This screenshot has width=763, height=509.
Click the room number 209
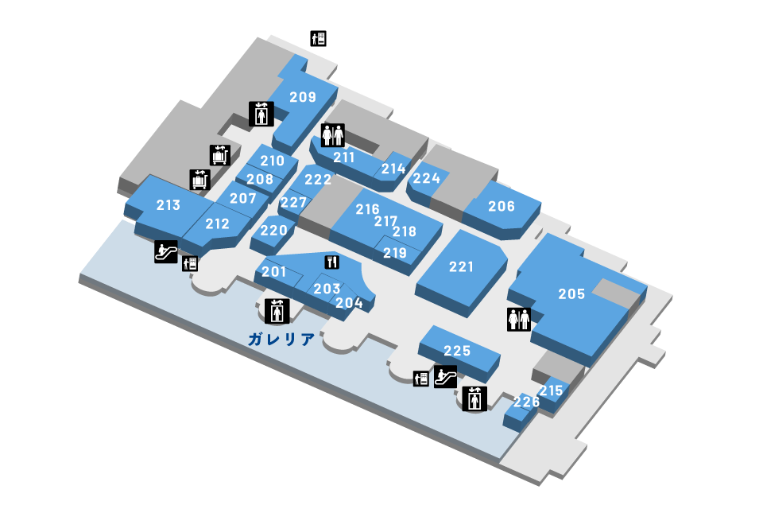(x=303, y=97)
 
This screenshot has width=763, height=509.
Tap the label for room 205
(x=571, y=293)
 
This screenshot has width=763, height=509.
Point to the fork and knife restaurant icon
(x=332, y=262)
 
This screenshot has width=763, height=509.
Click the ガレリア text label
(x=281, y=339)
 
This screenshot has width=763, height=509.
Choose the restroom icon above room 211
(x=333, y=135)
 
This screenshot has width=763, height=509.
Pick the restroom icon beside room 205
(x=519, y=319)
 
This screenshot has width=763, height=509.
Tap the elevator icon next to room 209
(x=261, y=114)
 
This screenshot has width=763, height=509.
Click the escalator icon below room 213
(x=166, y=252)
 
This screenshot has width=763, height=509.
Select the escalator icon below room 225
(x=445, y=376)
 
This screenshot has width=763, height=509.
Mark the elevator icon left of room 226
(x=474, y=399)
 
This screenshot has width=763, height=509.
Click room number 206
(x=502, y=206)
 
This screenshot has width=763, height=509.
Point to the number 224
(x=426, y=178)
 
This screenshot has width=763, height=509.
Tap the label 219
(x=395, y=253)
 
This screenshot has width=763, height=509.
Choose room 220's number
(x=273, y=230)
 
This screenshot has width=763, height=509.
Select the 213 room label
(x=168, y=205)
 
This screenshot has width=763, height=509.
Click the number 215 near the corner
(x=551, y=390)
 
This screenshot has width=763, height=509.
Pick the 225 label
(x=457, y=350)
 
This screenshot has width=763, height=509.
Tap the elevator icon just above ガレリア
(x=277, y=311)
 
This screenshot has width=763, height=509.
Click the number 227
(x=293, y=202)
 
